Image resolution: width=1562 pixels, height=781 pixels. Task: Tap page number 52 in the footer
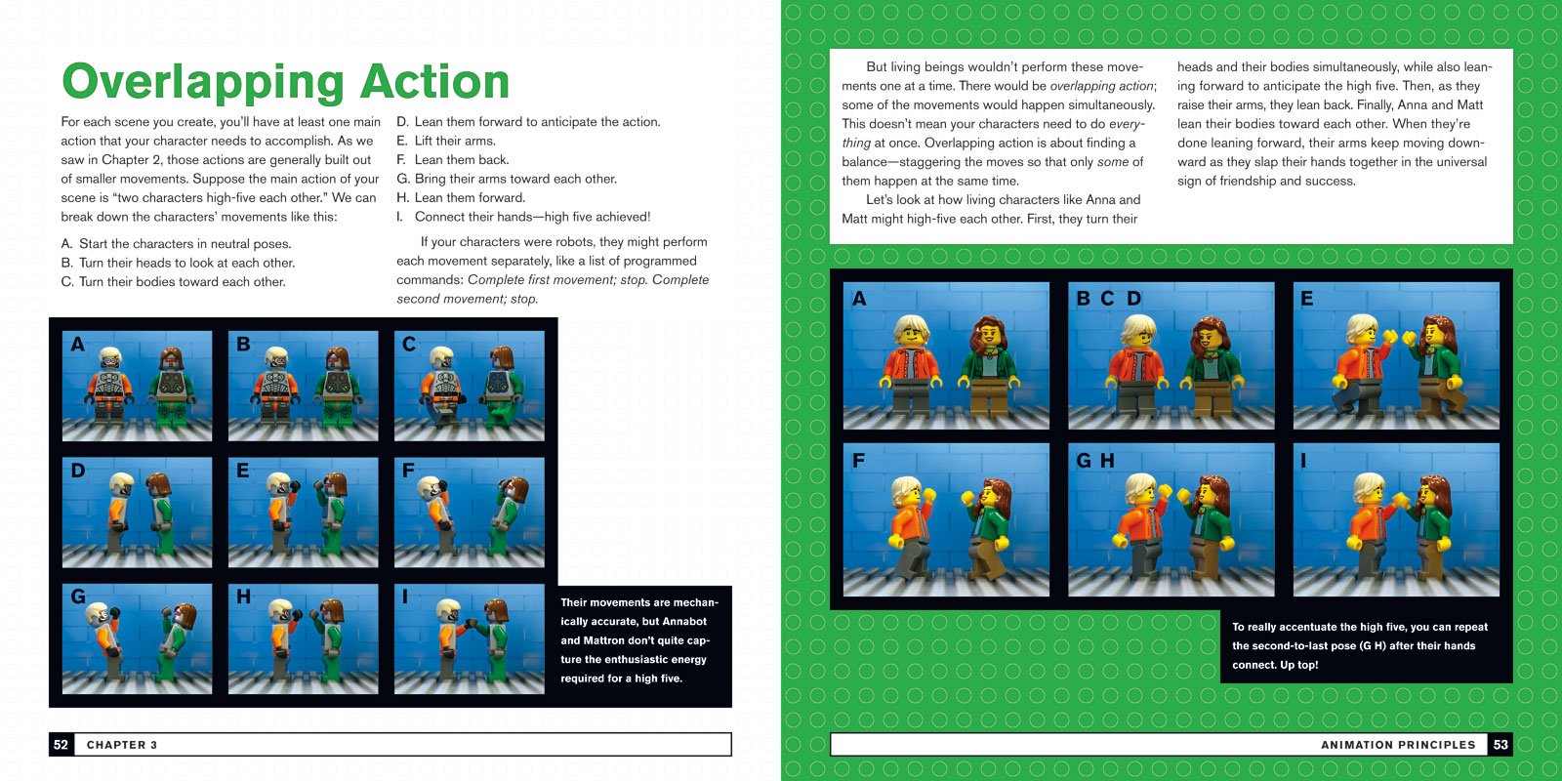61,745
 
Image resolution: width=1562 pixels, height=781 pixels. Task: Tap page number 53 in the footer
1500,745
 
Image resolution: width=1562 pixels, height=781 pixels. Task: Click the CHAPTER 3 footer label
122,745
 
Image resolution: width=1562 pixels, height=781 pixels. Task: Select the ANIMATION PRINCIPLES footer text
1398,745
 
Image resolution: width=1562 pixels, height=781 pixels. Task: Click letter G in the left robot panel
78,596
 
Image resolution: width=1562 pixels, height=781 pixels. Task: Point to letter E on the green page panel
1306,299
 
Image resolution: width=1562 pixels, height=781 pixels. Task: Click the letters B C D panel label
1108,299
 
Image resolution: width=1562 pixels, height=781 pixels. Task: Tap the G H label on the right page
1095,460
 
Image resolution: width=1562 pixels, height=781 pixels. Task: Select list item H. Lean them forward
461,197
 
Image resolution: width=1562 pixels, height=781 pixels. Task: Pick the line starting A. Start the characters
176,244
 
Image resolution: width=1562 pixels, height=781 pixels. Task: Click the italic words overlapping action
1102,86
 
